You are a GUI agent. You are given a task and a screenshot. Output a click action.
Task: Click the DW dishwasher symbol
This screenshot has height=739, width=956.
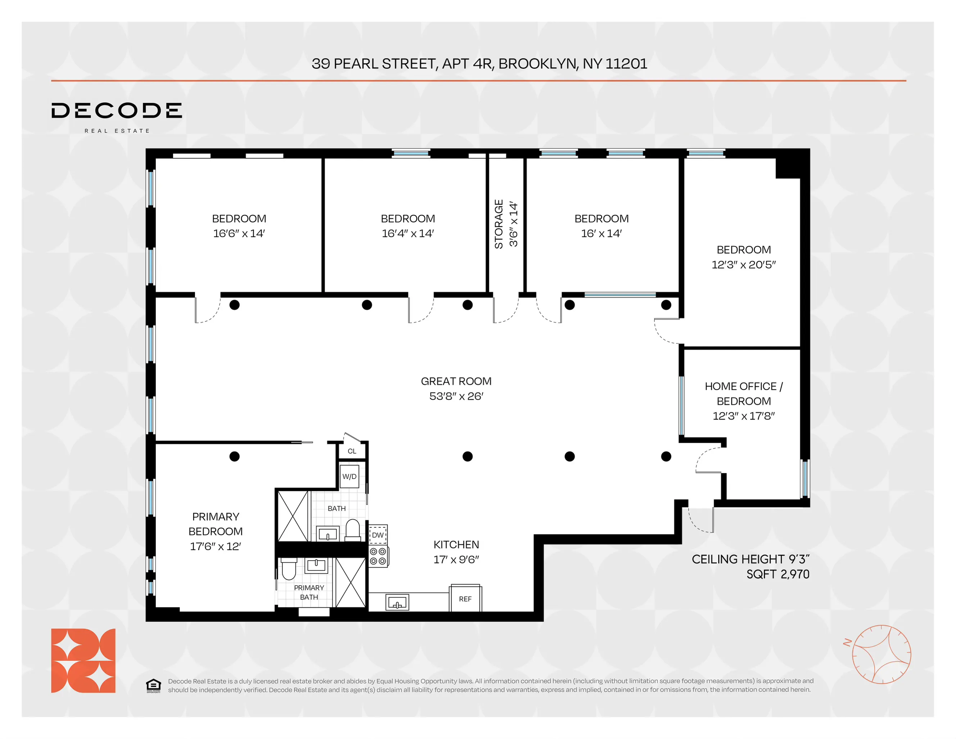tap(378, 535)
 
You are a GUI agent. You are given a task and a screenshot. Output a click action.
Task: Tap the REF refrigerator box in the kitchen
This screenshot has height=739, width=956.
tap(465, 599)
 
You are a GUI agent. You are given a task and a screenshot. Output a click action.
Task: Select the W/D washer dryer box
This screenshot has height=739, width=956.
tap(349, 476)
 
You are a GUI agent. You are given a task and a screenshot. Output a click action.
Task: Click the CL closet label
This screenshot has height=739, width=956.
tap(352, 451)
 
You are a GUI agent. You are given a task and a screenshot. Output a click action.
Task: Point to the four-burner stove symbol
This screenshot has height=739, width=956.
tap(378, 556)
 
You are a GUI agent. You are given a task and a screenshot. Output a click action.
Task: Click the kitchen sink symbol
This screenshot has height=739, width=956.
tap(397, 603)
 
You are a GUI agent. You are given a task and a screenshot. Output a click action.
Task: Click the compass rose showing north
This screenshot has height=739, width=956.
tap(881, 654)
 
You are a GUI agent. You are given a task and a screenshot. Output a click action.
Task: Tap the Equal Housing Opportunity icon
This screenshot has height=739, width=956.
tap(153, 686)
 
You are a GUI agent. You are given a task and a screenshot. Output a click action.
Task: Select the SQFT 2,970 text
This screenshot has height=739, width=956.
tap(778, 574)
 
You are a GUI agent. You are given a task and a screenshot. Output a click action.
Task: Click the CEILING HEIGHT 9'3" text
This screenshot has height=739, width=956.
tap(750, 559)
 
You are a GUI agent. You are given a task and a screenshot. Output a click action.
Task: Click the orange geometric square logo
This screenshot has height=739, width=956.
tap(83, 660)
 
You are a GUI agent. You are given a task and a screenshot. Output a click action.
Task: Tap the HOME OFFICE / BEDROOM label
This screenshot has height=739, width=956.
tap(743, 393)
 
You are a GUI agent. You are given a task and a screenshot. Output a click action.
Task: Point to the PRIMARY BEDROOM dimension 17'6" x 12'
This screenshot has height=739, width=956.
tap(216, 546)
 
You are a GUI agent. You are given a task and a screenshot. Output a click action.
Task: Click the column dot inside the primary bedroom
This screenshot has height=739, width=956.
tap(235, 456)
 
